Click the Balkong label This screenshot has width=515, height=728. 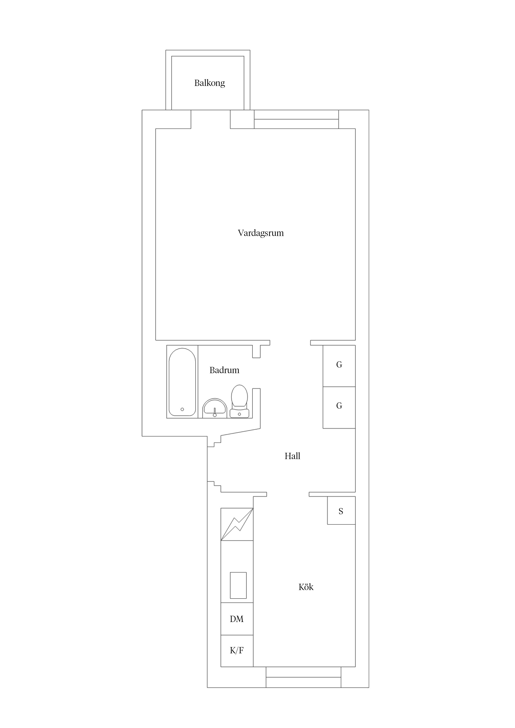[210, 83]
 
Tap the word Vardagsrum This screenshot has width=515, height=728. [261, 233]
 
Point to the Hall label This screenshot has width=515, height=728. [292, 456]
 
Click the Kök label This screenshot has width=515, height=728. [306, 587]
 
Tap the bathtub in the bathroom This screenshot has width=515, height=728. [182, 382]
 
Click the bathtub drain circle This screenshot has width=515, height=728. [182, 409]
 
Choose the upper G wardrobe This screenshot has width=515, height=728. [339, 366]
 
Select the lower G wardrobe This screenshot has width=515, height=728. [339, 407]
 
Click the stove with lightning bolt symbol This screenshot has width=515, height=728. [237, 524]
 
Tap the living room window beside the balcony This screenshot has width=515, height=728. [296, 119]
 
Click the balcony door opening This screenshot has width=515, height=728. [211, 119]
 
